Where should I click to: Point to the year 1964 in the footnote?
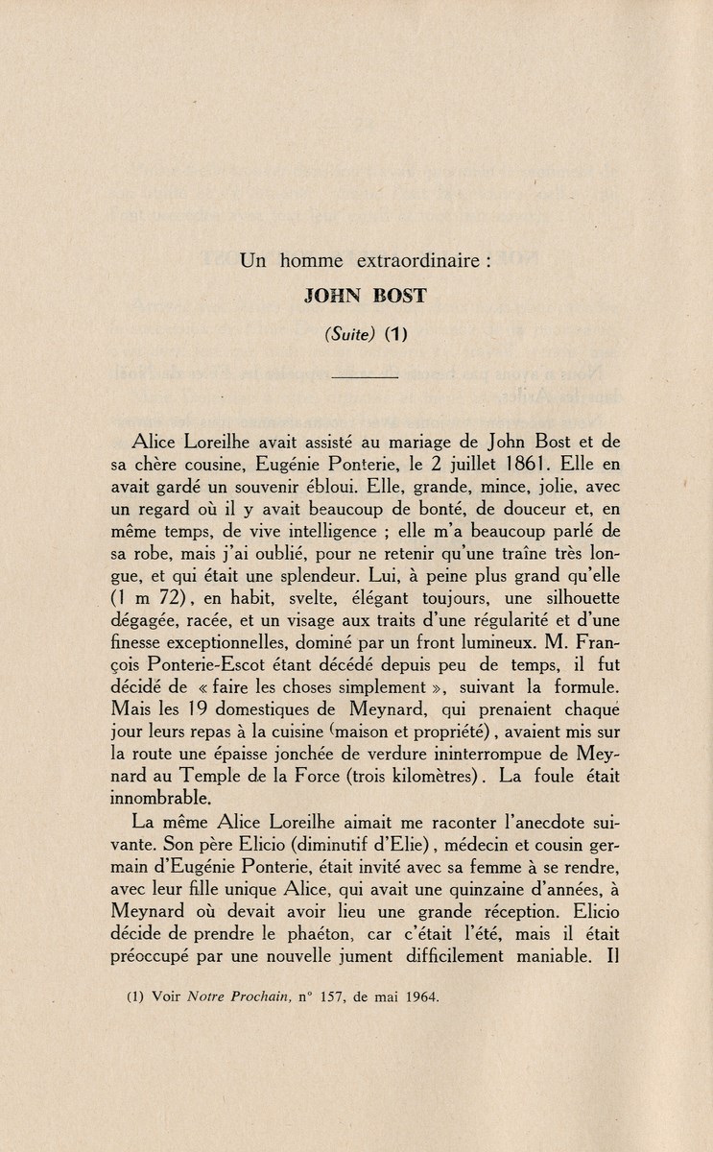418,996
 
